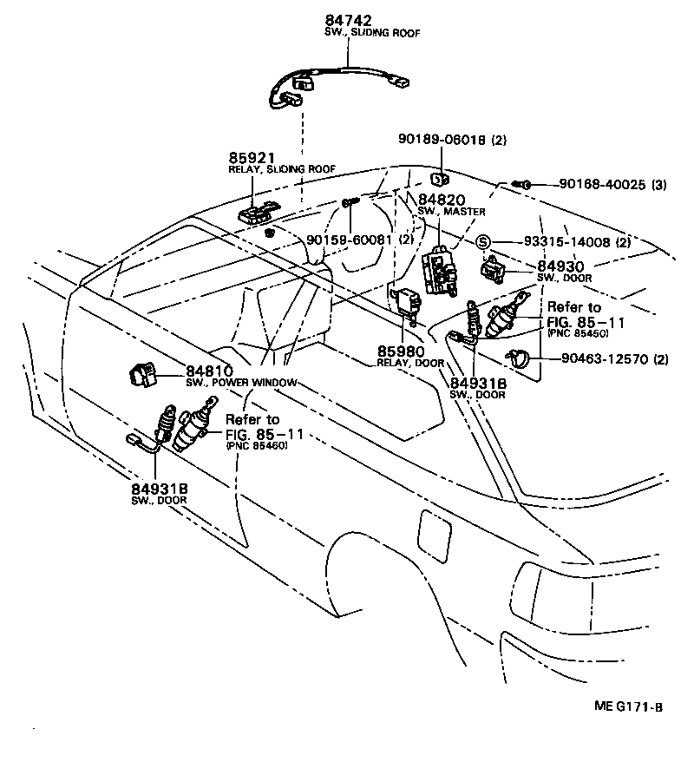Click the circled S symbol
pos(483,242)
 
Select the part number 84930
pos(560,265)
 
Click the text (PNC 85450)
pos(577,333)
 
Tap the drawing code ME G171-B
pos(625,706)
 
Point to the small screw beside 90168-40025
pos(526,185)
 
